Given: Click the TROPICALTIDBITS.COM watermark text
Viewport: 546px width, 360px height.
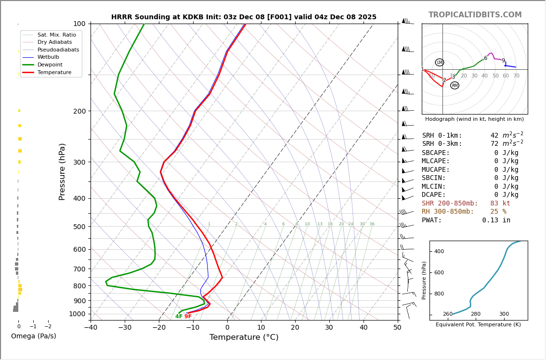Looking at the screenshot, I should coord(475,15).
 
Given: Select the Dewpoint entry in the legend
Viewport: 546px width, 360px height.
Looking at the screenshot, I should coord(50,64).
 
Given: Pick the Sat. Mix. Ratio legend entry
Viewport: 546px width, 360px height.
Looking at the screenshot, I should coord(56,35).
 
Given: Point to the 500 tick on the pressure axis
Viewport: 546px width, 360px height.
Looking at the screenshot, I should coord(79,227).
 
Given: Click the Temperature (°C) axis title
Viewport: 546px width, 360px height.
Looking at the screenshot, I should coord(244,337).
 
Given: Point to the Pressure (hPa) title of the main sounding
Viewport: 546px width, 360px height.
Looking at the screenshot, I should coord(62,171).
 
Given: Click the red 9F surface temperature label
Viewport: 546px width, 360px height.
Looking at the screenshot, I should coord(188,317).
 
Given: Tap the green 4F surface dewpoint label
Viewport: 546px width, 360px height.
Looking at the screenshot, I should coord(179,317).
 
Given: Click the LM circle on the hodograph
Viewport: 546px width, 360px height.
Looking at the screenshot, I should coord(440,63).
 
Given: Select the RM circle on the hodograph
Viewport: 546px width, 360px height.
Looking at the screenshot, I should coord(455,86).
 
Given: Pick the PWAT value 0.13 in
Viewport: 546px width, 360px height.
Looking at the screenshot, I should coord(496,220).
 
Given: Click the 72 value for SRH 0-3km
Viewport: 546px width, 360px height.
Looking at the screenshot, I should coord(494,144).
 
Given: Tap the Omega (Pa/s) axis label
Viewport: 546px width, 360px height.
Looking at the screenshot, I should coord(33,336).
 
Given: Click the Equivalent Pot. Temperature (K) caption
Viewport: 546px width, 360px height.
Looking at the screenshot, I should coord(478,325).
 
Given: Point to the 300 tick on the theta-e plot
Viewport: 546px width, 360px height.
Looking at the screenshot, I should coord(504,314).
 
